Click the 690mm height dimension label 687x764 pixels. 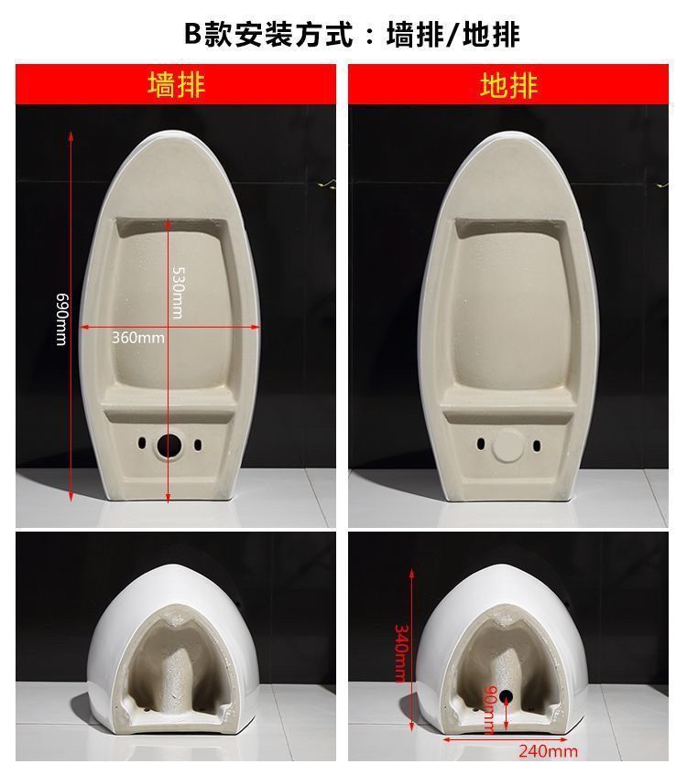pyautogui.click(x=61, y=319)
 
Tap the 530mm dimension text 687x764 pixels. pyautogui.click(x=178, y=293)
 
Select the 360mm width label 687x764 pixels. pyautogui.click(x=138, y=338)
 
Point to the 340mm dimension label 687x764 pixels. pyautogui.click(x=400, y=653)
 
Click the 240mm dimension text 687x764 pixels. pyautogui.click(x=549, y=751)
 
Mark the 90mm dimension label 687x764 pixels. pyautogui.click(x=489, y=709)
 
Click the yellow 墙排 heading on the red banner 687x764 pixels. pyautogui.click(x=176, y=85)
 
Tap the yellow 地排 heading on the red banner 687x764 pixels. pyautogui.click(x=508, y=85)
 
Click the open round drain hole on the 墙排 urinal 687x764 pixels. pyautogui.click(x=169, y=445)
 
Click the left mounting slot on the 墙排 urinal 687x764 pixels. pyautogui.click(x=141, y=444)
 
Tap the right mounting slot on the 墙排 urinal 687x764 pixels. pyautogui.click(x=198, y=445)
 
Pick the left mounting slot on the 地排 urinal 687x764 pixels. pyautogui.click(x=481, y=444)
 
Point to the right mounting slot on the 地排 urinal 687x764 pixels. pyautogui.click(x=537, y=446)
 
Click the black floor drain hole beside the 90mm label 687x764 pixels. pyautogui.click(x=506, y=695)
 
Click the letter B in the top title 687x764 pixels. pyautogui.click(x=192, y=34)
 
